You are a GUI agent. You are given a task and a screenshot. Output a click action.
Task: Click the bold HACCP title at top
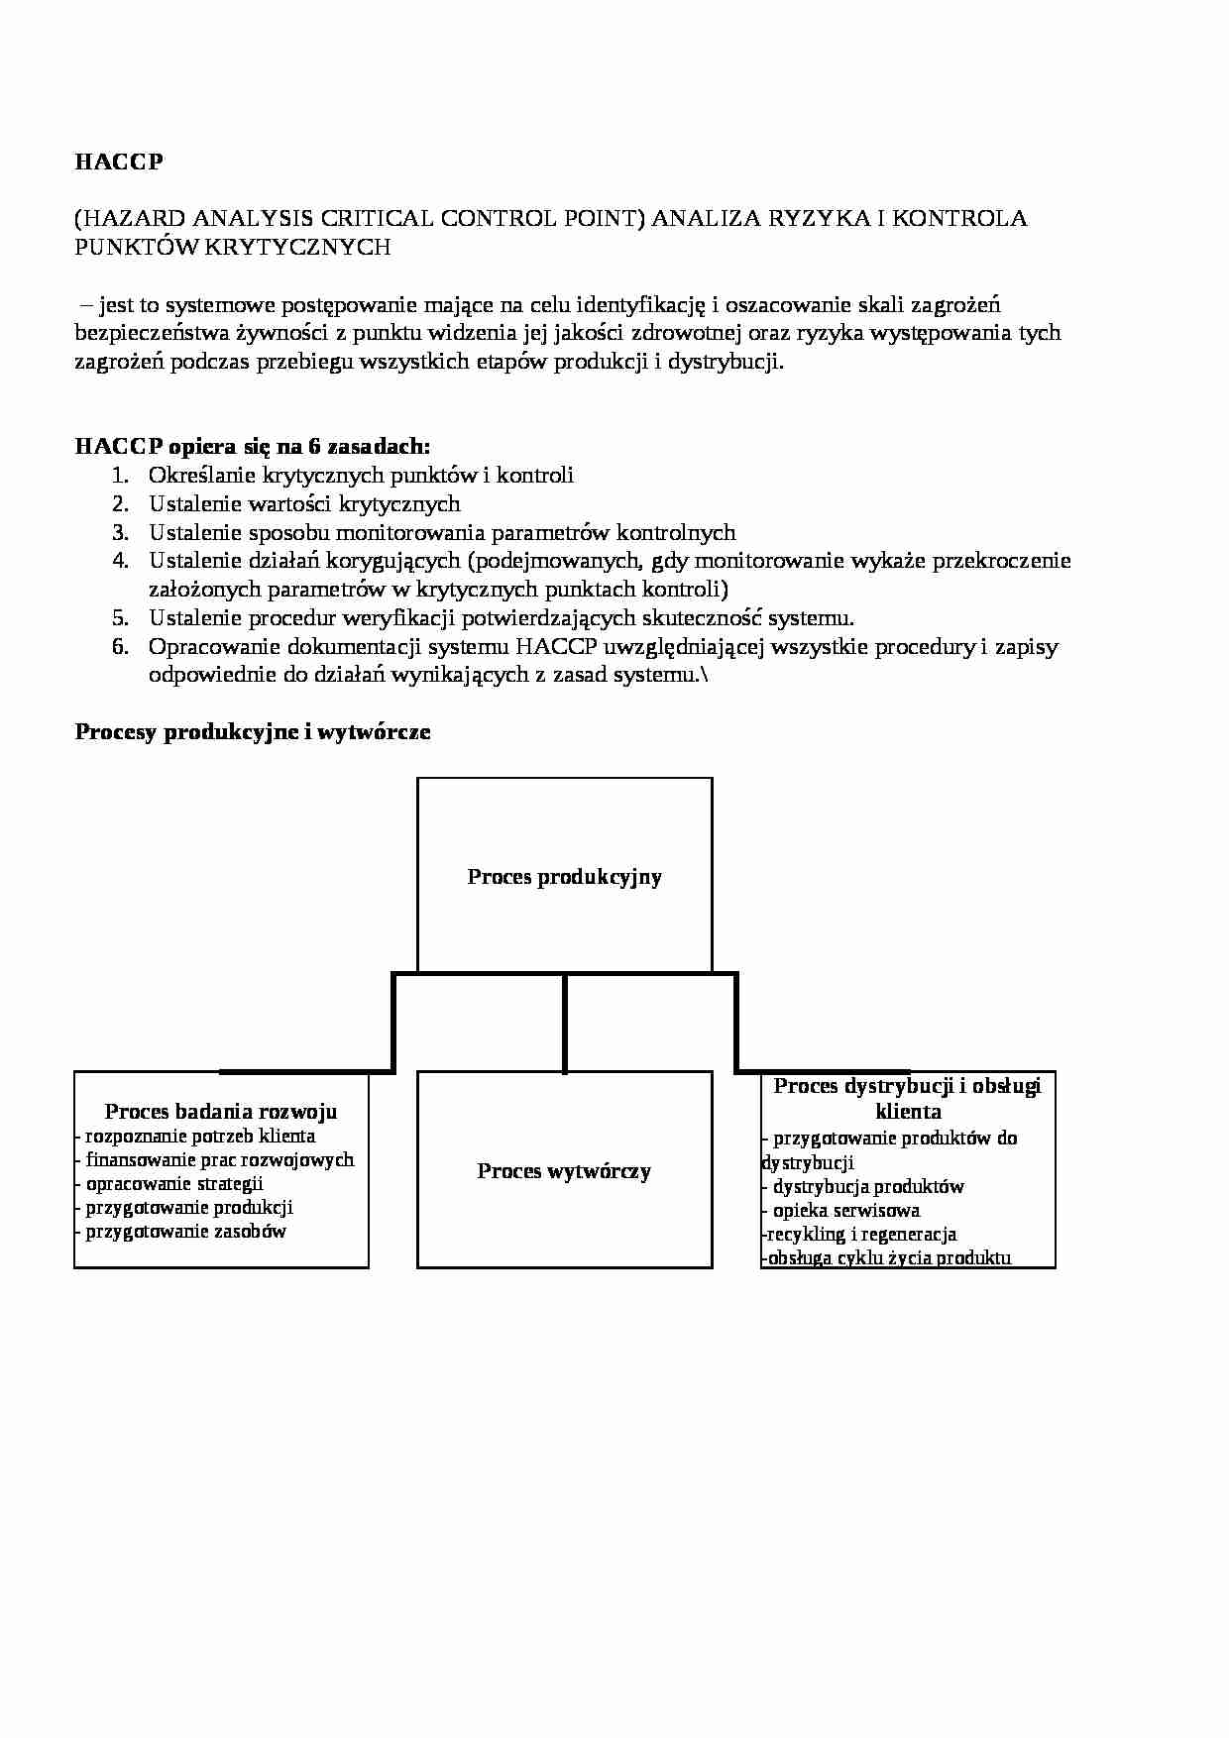pyautogui.click(x=118, y=163)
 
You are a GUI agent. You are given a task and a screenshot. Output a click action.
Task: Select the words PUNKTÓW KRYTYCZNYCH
pyautogui.click(x=233, y=248)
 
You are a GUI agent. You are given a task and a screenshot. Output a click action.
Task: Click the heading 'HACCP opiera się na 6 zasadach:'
pyautogui.click(x=253, y=446)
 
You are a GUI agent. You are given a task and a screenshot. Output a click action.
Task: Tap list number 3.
pyautogui.click(x=120, y=532)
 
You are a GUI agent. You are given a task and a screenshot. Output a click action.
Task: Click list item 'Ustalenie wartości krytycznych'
pyautogui.click(x=304, y=503)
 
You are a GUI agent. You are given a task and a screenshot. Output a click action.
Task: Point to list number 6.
pyautogui.click(x=120, y=647)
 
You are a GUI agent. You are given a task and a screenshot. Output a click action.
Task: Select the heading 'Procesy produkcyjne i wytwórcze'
pyautogui.click(x=253, y=732)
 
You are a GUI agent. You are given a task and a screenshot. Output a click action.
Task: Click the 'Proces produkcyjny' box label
pyautogui.click(x=564, y=877)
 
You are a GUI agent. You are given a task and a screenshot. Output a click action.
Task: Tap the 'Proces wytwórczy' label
pyautogui.click(x=564, y=1171)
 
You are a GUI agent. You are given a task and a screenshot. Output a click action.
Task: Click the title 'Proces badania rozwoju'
pyautogui.click(x=221, y=1112)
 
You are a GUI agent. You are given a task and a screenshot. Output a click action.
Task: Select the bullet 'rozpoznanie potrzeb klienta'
pyautogui.click(x=199, y=1137)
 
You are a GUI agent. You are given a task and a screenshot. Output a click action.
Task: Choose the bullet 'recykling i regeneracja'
pyautogui.click(x=860, y=1235)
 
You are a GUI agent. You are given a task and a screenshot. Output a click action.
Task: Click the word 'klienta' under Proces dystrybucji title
pyautogui.click(x=908, y=1112)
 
